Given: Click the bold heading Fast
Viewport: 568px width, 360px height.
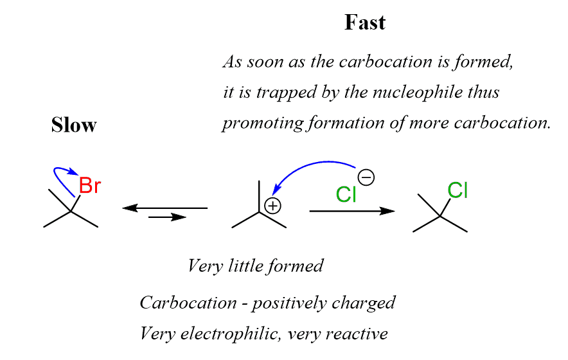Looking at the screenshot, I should (x=365, y=23).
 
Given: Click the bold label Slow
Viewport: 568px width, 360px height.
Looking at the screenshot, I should (x=74, y=125).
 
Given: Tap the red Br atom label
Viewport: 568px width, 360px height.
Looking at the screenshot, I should (x=89, y=186).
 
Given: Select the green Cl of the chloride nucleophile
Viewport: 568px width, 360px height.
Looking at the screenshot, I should (x=346, y=194).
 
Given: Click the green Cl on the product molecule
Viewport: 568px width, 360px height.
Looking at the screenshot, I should (x=458, y=190).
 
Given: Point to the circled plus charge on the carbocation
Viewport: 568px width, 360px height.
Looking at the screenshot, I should (x=273, y=206).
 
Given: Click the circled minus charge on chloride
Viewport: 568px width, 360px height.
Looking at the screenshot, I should (x=367, y=175).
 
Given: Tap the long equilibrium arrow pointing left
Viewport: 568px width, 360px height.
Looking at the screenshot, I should (x=164, y=208).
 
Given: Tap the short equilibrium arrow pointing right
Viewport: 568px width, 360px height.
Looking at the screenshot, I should (x=167, y=218).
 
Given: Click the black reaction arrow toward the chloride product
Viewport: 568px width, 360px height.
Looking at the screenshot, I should (x=351, y=211).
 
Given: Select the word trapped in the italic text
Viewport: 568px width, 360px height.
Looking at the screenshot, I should (x=281, y=93).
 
